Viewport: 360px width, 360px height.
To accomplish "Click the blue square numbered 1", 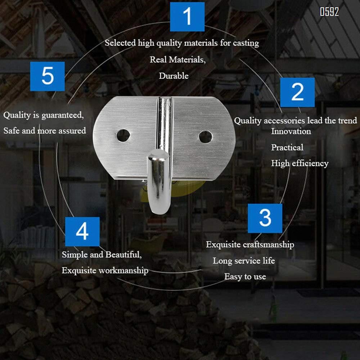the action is click(187, 17).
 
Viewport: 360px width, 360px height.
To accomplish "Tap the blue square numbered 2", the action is click(297, 92).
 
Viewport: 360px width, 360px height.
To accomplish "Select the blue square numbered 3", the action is click(265, 219).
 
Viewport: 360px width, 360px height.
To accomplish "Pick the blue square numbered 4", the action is click(82, 231).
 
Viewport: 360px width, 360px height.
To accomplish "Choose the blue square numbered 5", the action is click(47, 76).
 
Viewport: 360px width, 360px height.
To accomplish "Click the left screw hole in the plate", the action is click(123, 135).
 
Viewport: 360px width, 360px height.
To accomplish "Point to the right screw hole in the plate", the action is click(205, 137).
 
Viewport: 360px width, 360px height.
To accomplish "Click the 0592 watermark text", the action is click(329, 12).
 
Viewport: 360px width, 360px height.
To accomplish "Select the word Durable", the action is click(174, 76).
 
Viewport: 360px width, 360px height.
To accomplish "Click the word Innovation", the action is click(291, 131).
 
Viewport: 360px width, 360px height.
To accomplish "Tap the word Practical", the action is click(287, 147).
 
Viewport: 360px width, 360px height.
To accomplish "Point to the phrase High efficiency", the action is click(300, 163).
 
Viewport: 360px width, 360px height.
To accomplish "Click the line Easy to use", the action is click(245, 276).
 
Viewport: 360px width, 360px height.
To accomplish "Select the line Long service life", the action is click(244, 261).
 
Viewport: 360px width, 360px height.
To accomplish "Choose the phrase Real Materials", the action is click(178, 60).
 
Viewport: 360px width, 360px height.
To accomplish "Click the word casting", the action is click(246, 43).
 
